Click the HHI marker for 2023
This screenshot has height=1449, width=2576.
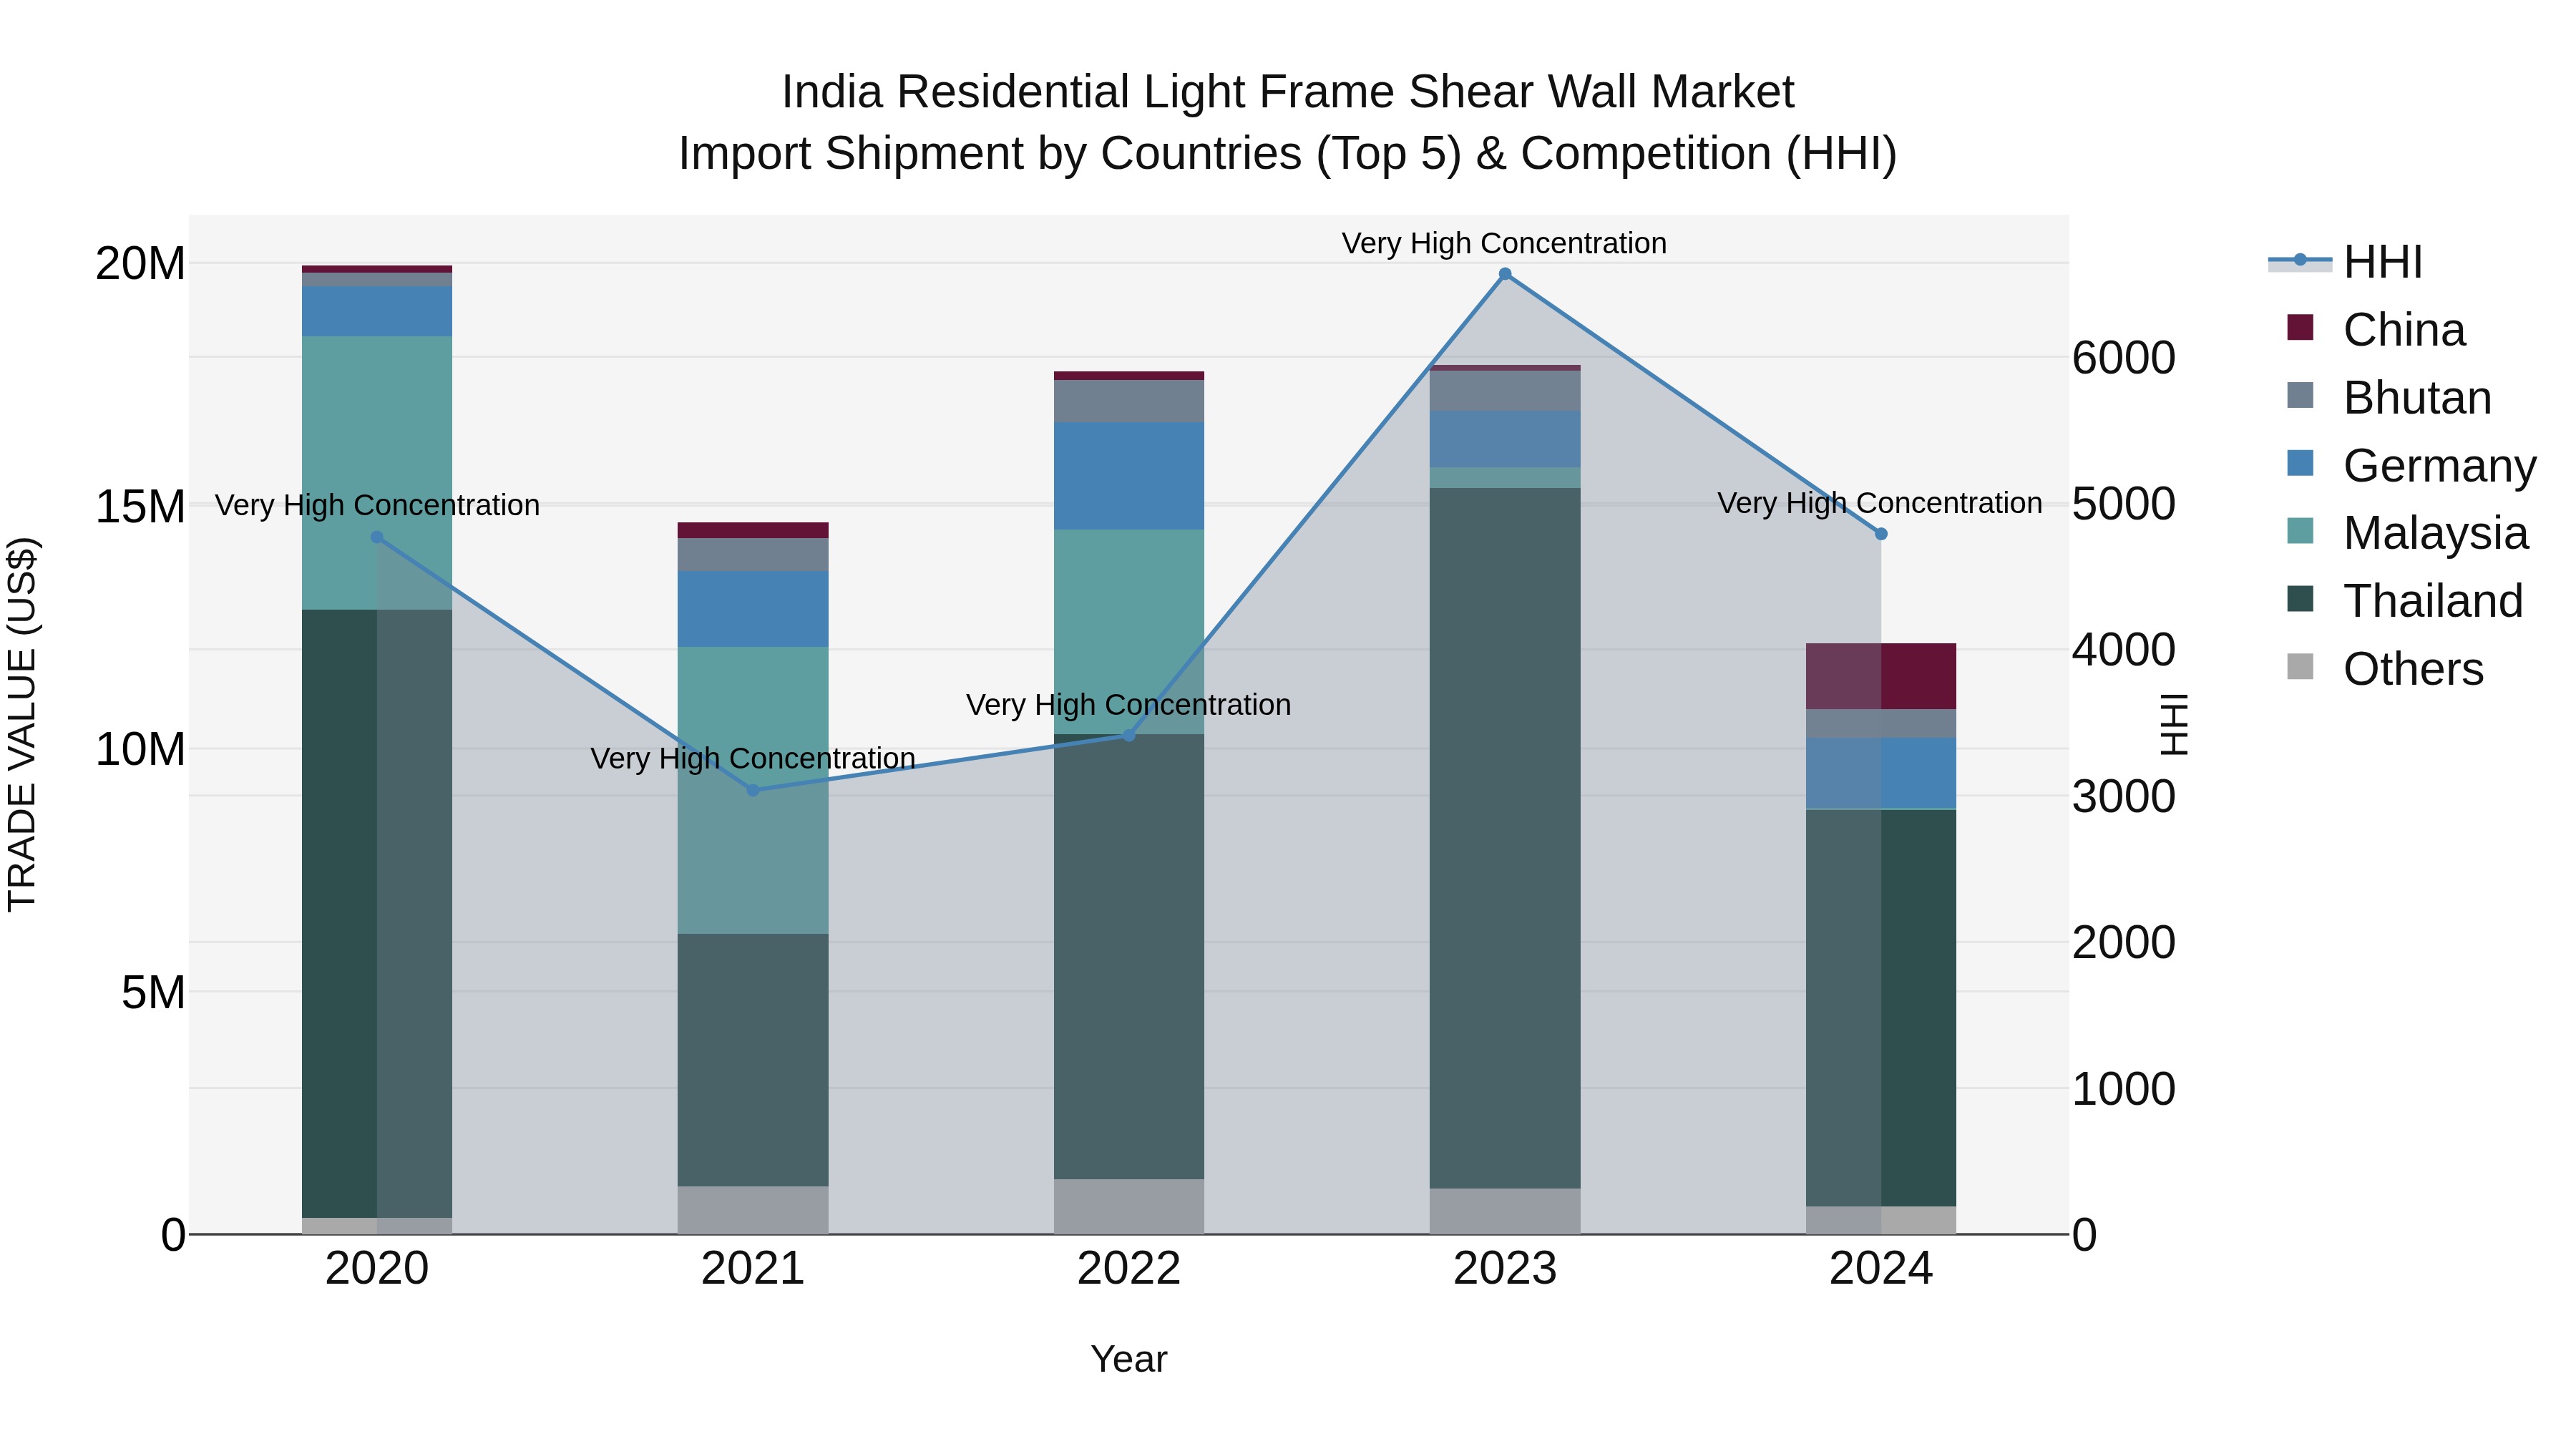point(1505,274)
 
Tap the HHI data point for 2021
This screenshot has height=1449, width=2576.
point(753,790)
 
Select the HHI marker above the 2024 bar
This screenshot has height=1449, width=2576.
point(1881,534)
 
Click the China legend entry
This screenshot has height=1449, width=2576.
point(2403,330)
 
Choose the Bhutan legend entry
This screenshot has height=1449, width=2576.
point(2416,398)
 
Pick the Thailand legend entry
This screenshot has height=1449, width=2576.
point(2432,601)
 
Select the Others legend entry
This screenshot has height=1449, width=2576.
point(2412,669)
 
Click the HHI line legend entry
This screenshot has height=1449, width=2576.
point(2382,262)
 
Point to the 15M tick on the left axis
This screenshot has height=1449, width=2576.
point(140,506)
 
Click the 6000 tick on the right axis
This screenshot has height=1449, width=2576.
point(2123,358)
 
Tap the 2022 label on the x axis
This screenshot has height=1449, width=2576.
point(1129,1269)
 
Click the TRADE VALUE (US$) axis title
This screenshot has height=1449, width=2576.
point(22,724)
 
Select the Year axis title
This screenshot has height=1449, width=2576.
point(1129,1359)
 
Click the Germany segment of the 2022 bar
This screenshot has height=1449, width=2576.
point(1129,475)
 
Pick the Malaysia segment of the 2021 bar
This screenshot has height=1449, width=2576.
point(753,790)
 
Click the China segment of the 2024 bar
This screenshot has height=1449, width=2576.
point(1881,676)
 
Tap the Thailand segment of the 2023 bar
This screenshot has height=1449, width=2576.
point(1505,838)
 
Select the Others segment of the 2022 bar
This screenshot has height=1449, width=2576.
point(1129,1206)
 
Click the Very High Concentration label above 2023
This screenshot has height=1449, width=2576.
point(1504,243)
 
